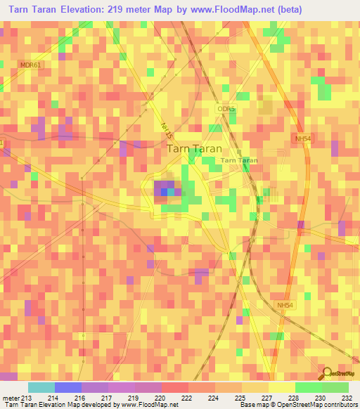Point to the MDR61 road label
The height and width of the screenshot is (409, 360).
pyautogui.click(x=31, y=65)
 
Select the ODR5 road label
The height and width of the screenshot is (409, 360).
pyautogui.click(x=225, y=110)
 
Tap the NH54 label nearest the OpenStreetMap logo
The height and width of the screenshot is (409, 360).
pyautogui.click(x=285, y=304)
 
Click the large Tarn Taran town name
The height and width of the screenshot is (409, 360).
pyautogui.click(x=194, y=149)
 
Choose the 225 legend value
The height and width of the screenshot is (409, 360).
pyautogui.click(x=240, y=398)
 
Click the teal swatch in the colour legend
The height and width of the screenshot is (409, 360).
pyautogui.click(x=41, y=387)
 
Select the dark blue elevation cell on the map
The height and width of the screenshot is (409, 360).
pyautogui.click(x=164, y=191)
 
